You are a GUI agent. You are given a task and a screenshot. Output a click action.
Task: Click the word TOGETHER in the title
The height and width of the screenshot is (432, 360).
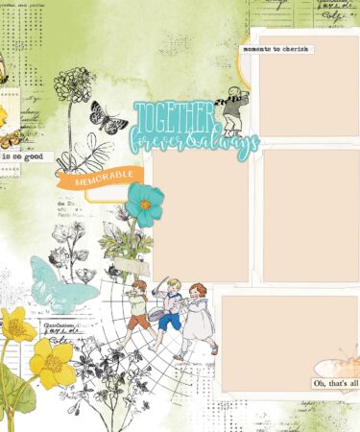tap(174, 118)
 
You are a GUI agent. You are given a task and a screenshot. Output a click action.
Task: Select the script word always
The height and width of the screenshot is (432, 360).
tap(232, 143)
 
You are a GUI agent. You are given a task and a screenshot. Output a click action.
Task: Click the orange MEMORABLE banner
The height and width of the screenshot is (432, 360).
tap(108, 179)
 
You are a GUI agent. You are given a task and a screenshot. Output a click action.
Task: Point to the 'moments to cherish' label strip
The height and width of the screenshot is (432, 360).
tap(276, 48)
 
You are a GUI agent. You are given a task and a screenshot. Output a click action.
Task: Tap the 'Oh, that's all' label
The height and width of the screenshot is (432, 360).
tap(335, 384)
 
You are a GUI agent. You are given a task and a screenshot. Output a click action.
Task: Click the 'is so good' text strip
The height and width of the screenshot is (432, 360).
tap(21, 153)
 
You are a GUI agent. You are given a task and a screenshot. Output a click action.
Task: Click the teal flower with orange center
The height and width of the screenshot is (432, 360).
tap(144, 204)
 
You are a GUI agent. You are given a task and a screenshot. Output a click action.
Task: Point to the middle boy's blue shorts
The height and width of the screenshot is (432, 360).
tap(169, 323)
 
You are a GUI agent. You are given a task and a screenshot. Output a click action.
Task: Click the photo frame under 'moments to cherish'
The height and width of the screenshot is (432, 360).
tap(306, 91)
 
